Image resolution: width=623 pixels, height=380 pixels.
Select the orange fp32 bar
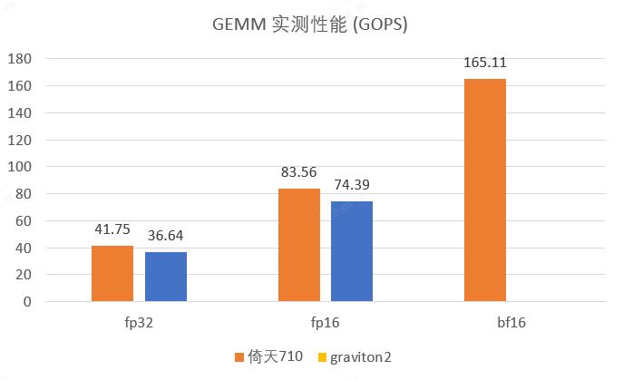[x=112, y=274]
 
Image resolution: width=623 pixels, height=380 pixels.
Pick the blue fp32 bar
[x=166, y=277]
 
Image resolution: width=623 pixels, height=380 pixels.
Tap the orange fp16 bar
[x=298, y=245]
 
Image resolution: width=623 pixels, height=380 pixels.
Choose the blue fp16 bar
[x=352, y=251]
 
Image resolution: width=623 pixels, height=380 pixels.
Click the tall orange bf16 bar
[x=485, y=190]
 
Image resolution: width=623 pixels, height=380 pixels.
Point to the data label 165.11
[x=485, y=63]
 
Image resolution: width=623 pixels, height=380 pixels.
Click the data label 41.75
[x=112, y=230]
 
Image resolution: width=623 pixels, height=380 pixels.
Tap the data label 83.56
[x=298, y=173]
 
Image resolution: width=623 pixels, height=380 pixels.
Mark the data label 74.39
[x=352, y=186]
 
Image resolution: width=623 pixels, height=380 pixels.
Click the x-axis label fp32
[x=139, y=322]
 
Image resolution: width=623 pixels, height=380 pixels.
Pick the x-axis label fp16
[x=326, y=322]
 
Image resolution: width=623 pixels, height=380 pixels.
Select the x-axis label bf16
[x=512, y=322]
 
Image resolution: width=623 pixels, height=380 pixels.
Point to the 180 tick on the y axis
[x=20, y=59]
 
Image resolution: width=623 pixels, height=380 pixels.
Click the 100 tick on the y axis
[x=20, y=167]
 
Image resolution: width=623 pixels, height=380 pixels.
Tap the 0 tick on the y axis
[x=27, y=302]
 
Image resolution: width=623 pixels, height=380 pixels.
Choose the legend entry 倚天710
[x=268, y=356]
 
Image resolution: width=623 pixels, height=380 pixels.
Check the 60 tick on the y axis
[x=24, y=220]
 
